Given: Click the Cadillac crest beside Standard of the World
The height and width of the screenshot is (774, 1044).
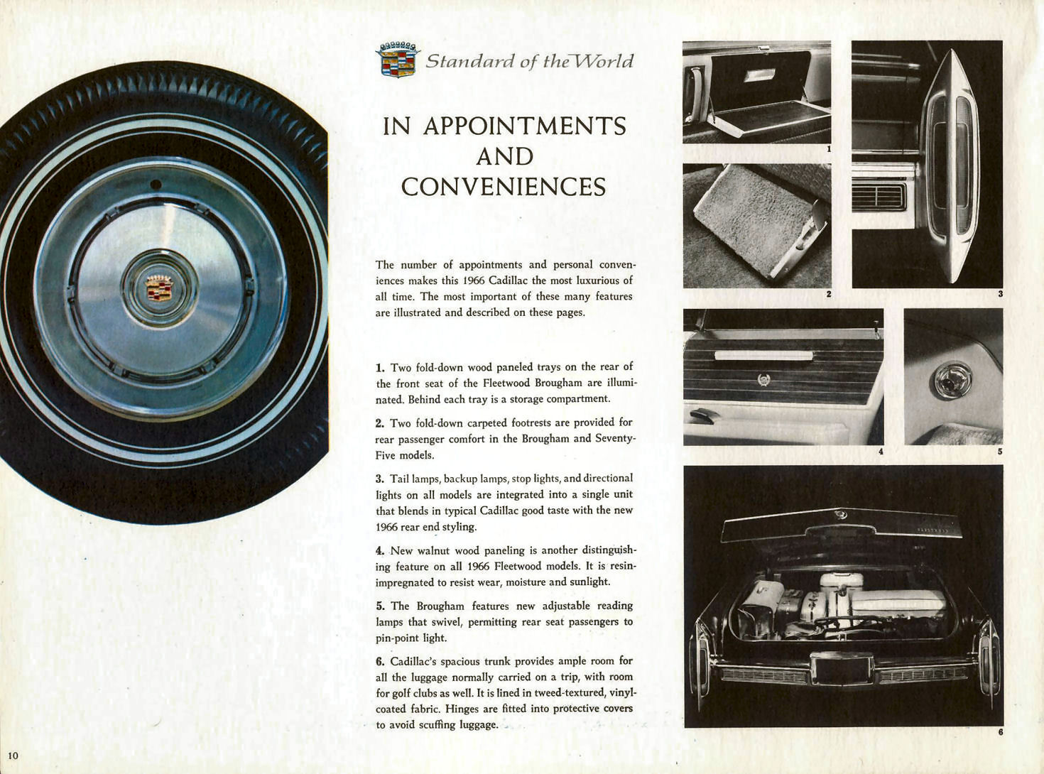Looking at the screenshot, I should tap(398, 60).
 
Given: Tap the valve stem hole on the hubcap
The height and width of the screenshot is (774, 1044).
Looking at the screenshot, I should tap(156, 185).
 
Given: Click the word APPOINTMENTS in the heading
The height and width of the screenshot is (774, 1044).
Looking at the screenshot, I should tap(524, 126).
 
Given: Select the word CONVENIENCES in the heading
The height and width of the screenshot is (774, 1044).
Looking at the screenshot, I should tap(504, 187).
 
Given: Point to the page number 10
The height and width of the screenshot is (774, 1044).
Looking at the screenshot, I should tap(13, 755).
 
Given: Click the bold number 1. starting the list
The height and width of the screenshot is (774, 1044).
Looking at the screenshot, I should tap(380, 368).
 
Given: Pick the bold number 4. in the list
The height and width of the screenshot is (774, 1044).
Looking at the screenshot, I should tap(380, 551).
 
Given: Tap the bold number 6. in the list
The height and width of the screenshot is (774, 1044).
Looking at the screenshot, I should tap(380, 662).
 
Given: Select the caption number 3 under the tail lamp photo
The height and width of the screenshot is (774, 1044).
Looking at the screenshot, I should tap(1000, 294).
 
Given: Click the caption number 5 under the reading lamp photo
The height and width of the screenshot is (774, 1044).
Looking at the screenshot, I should tap(999, 452).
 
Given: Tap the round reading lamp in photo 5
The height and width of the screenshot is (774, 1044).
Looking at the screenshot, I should tap(952, 381).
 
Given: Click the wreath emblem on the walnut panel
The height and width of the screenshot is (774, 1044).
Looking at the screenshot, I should tap(764, 380).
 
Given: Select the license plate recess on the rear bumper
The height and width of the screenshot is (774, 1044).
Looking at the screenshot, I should tap(842, 669).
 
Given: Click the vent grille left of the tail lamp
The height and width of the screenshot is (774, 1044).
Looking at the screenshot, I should tap(879, 196).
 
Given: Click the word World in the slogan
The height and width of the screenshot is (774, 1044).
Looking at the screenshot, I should tap(604, 62).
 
